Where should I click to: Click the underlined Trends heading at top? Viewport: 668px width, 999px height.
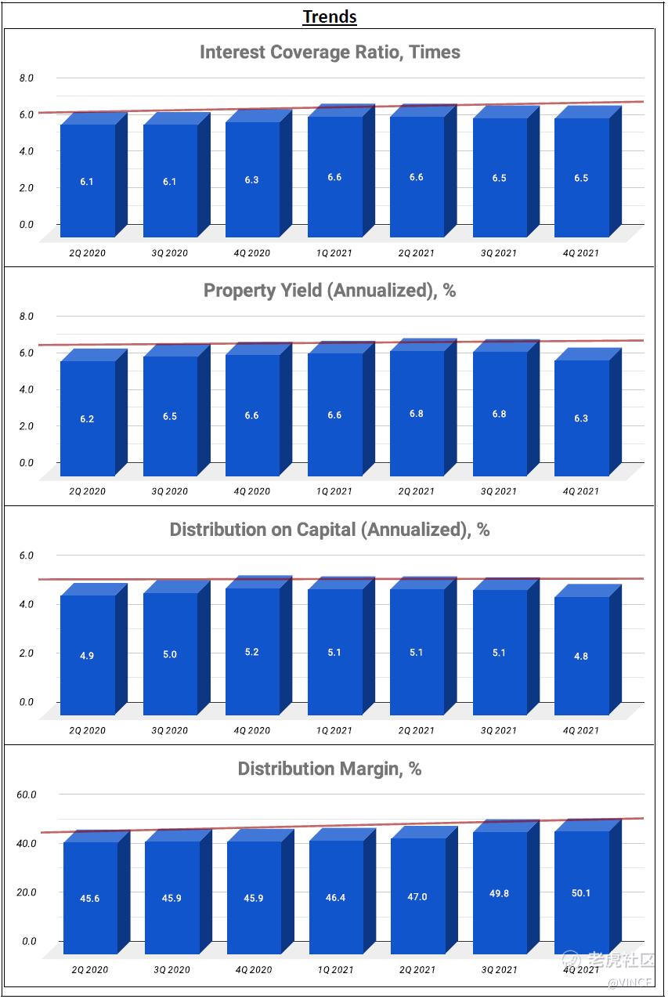(330, 16)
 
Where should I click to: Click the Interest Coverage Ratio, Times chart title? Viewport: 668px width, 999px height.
(330, 52)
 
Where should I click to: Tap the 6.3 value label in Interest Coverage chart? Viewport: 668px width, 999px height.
(251, 180)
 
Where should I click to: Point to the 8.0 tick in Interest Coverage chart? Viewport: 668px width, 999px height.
(27, 78)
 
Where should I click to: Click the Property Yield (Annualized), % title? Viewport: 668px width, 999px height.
(330, 291)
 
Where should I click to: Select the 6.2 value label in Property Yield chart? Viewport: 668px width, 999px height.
(87, 419)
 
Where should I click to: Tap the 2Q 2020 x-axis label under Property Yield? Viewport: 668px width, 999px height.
(87, 491)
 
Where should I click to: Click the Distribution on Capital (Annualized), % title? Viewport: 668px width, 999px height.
(330, 530)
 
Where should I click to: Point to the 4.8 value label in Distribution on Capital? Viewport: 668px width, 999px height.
(581, 657)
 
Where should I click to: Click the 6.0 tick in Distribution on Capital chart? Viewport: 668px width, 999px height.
(27, 556)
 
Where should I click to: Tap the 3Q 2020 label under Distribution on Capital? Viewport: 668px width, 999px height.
(170, 730)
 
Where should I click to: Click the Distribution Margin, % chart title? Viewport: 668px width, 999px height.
(330, 769)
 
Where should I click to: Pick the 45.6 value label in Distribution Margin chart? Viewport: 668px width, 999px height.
(90, 899)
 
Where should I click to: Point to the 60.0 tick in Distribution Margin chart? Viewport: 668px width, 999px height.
(27, 794)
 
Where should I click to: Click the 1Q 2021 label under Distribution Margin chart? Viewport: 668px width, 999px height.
(335, 969)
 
